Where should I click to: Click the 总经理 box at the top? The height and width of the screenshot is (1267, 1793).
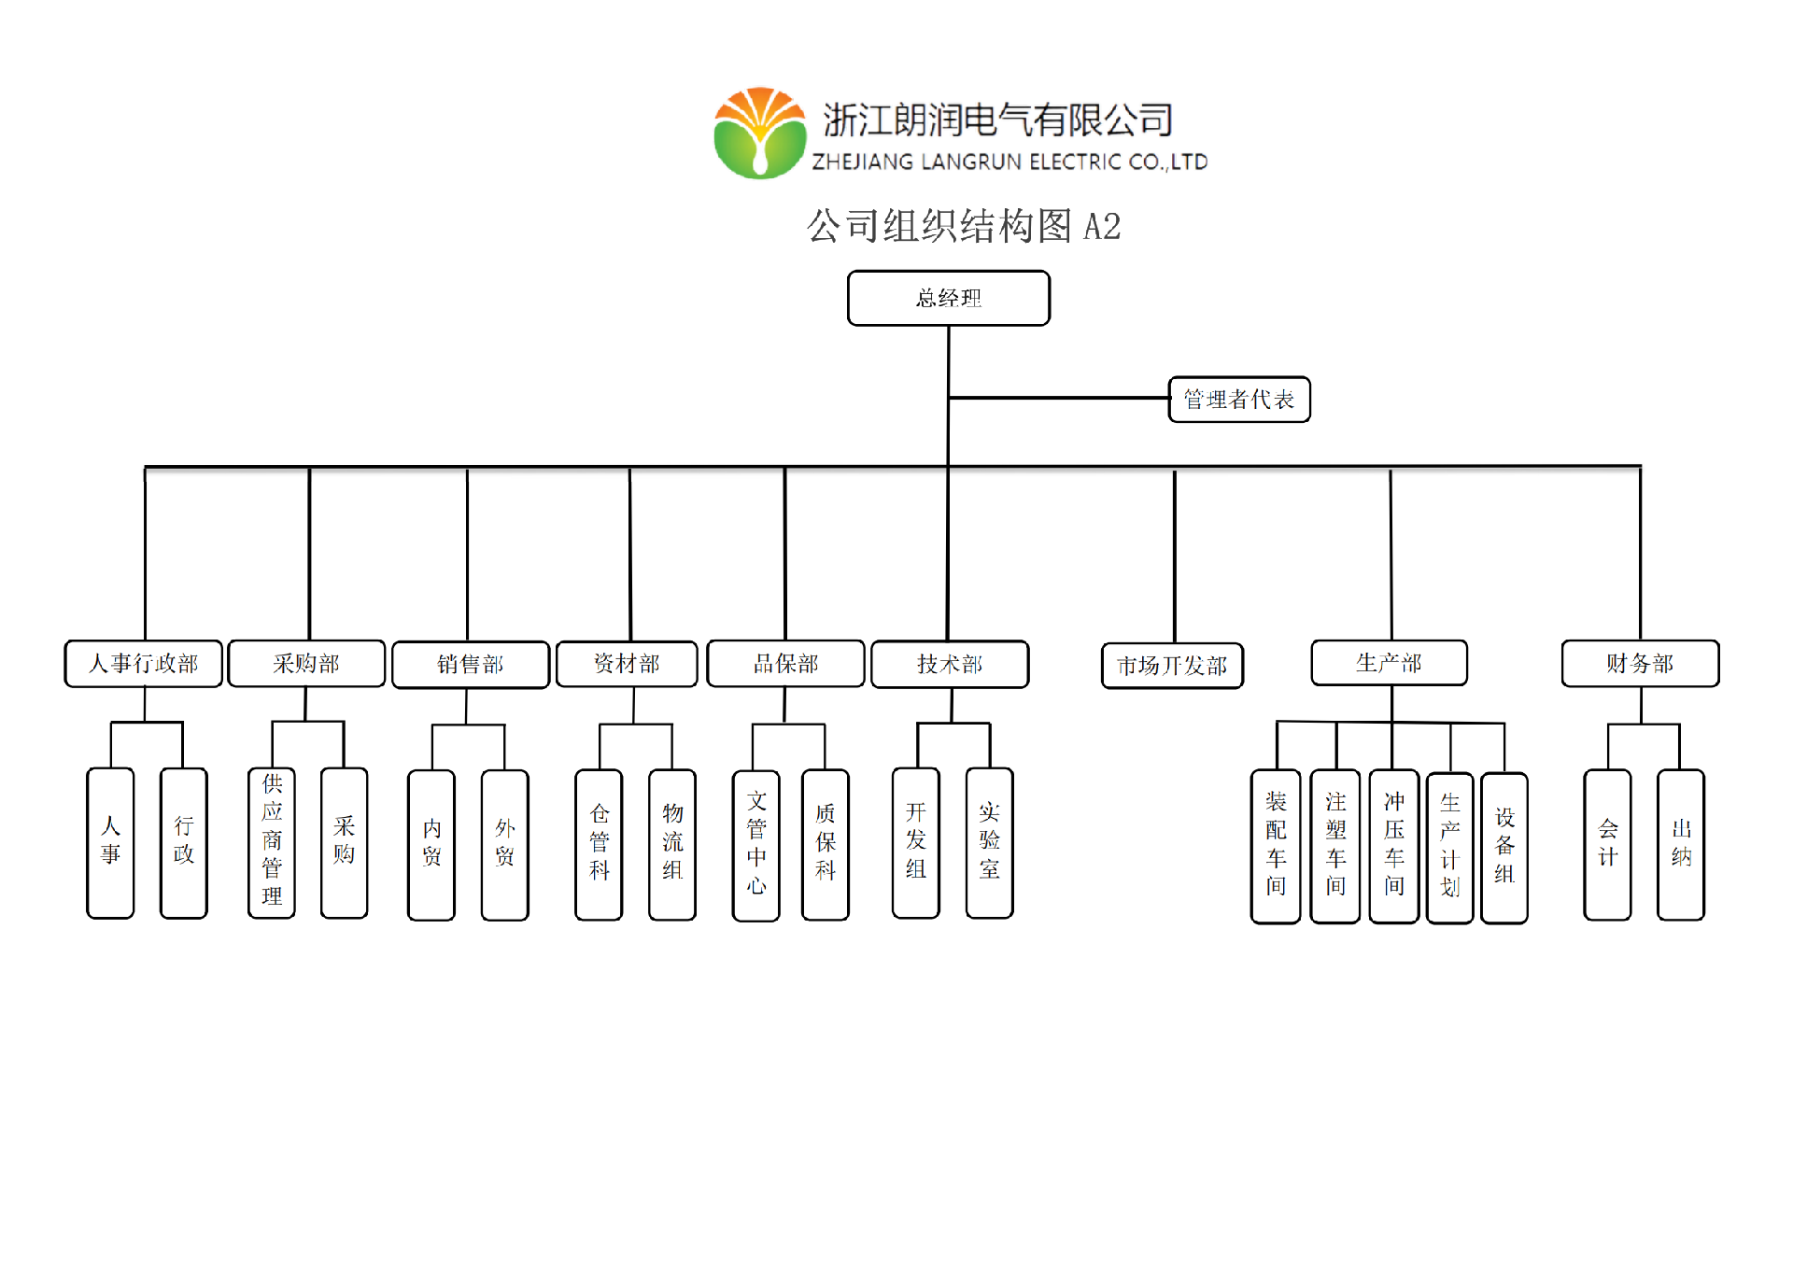point(948,298)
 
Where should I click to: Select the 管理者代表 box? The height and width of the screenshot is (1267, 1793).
point(1238,400)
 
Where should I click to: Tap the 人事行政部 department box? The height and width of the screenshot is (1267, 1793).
point(144,664)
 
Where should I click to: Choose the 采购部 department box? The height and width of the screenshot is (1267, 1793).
point(306,664)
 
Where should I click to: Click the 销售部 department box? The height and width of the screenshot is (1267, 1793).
point(470,665)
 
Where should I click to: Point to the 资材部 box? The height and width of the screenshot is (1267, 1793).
point(627,664)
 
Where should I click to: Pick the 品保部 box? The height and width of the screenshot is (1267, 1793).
point(785,664)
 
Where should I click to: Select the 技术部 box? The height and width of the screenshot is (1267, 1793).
point(950,664)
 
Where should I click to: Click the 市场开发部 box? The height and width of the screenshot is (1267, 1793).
point(1172,666)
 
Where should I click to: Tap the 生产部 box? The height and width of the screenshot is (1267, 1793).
point(1389,663)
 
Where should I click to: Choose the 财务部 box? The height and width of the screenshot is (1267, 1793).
point(1640,663)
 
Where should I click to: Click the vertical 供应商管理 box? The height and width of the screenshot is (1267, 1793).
point(272,842)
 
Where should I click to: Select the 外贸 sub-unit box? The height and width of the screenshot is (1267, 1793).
point(505,844)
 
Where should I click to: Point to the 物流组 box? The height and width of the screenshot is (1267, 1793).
point(672,844)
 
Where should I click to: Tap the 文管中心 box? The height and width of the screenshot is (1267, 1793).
point(756,844)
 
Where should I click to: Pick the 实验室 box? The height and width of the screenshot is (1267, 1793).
point(990,842)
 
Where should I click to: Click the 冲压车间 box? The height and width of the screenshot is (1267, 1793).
point(1394,845)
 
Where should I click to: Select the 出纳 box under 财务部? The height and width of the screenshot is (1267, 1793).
point(1681,844)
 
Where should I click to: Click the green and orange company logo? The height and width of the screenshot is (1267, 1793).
point(760,134)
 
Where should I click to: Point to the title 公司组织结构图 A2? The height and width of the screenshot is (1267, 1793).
point(964,227)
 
